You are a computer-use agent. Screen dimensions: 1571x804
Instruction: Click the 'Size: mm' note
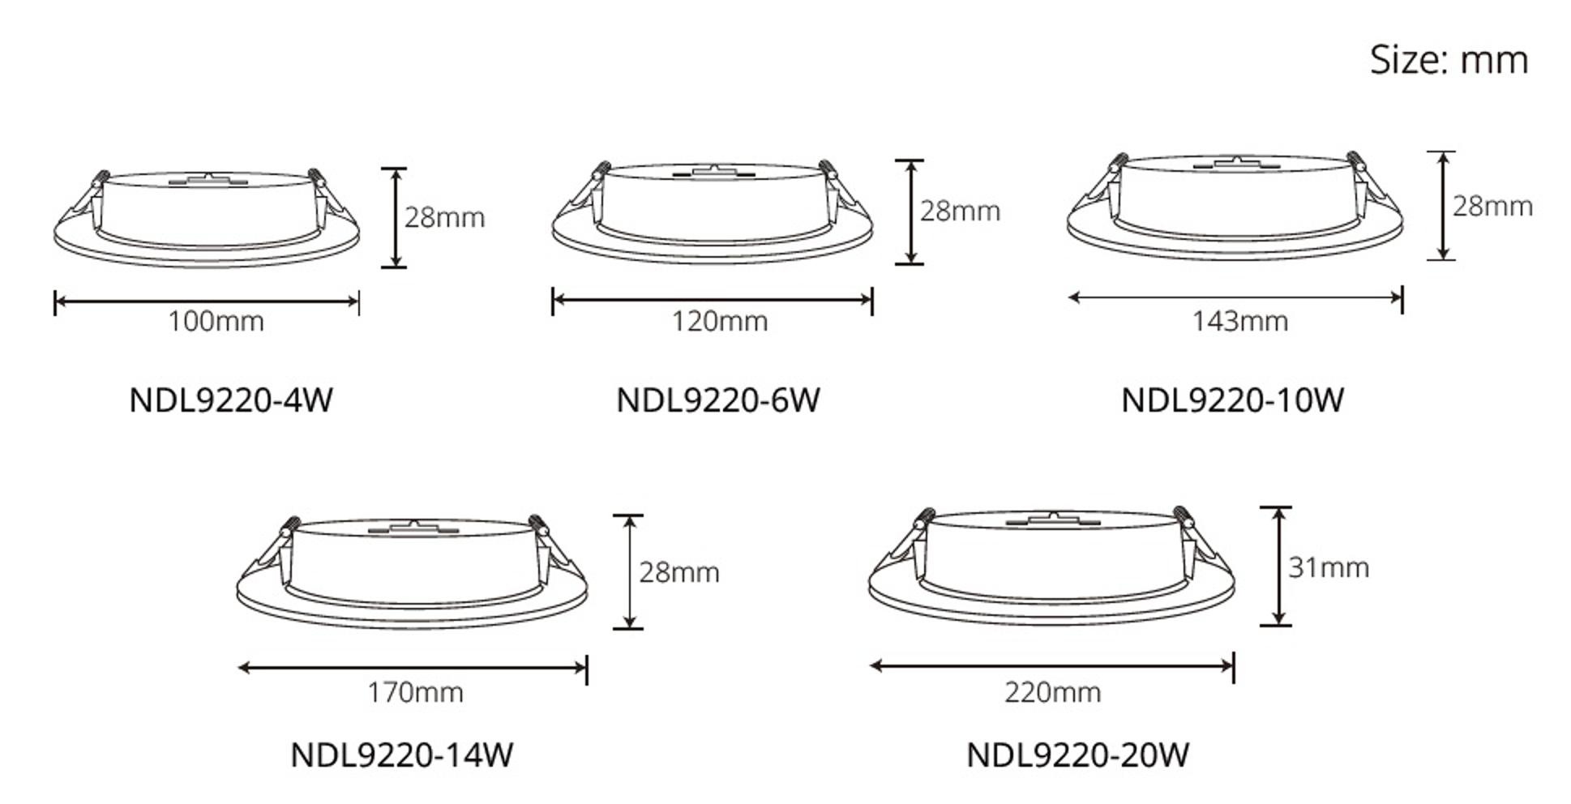click(x=1449, y=60)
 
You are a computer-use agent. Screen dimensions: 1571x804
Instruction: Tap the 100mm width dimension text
click(x=216, y=322)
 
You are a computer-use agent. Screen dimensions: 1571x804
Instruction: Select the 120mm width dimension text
click(x=719, y=322)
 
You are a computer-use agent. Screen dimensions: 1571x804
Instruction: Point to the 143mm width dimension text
click(x=1239, y=322)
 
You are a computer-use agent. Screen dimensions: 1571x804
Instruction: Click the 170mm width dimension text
click(x=415, y=693)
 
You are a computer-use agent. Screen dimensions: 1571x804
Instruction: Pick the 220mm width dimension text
click(x=1052, y=693)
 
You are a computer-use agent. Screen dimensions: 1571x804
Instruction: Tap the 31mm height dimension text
click(x=1329, y=567)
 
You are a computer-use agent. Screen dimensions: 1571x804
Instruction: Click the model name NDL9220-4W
click(x=231, y=400)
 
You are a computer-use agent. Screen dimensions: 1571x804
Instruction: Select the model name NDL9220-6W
click(x=718, y=400)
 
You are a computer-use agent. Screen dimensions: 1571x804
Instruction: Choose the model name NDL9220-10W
click(x=1232, y=400)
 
